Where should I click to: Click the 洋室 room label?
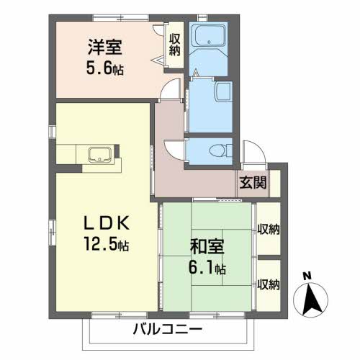105,47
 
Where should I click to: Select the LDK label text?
107,223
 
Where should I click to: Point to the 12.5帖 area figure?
107,243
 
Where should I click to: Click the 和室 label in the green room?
207,246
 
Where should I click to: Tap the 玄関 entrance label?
253,183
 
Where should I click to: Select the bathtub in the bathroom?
210,35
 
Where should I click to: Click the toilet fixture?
219,150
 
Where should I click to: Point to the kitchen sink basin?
100,155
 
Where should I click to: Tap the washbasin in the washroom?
224,92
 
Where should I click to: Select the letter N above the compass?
307,276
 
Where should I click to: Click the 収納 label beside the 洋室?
174,45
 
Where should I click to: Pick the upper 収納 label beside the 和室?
269,230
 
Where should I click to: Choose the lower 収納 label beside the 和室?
269,284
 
